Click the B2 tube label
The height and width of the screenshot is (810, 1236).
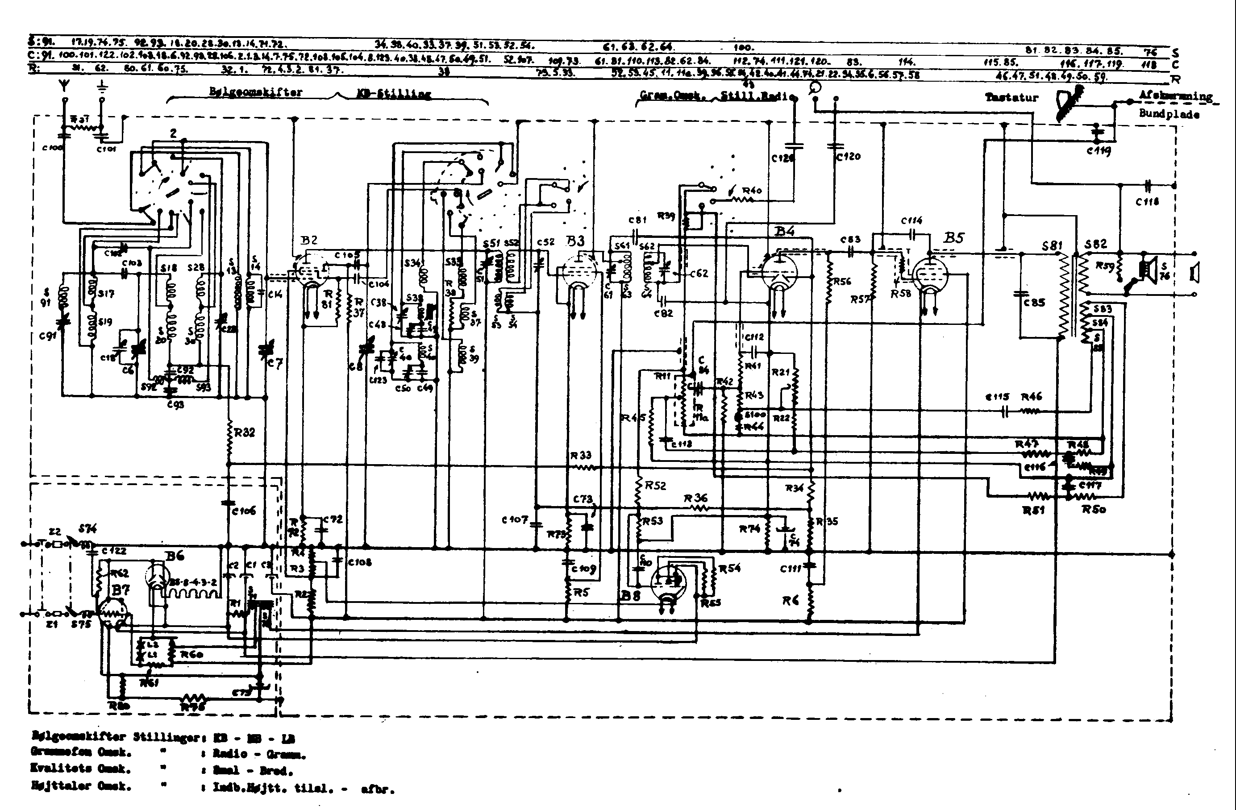tap(308, 240)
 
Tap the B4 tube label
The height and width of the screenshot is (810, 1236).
tap(784, 231)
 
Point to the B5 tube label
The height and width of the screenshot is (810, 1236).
tap(953, 238)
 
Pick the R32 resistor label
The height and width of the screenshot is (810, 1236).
tap(245, 432)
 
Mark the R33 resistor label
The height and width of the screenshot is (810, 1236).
tap(581, 455)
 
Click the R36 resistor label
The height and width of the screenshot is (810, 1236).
tap(695, 498)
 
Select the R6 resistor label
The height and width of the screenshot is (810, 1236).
tap(790, 601)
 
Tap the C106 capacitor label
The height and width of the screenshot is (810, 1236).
tap(244, 511)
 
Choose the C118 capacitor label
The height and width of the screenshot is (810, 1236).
tap(1147, 202)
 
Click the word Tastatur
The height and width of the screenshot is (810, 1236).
tap(1011, 98)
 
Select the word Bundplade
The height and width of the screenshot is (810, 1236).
tap(1169, 114)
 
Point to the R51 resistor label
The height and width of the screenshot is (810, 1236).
tap(1033, 511)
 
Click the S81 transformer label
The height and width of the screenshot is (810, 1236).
tap(1052, 245)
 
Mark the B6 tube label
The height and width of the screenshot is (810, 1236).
tap(175, 556)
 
